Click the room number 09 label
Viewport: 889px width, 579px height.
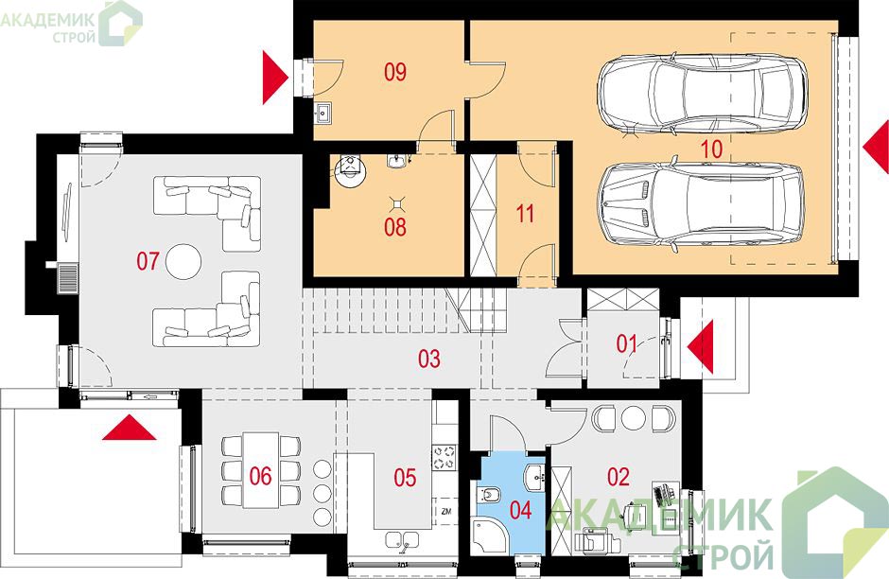[x=395, y=73]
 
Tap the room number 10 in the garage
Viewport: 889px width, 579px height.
[x=711, y=149]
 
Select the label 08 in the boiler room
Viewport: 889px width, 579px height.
[x=395, y=227]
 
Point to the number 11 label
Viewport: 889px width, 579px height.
[x=526, y=215]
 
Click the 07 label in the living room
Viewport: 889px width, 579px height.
[x=148, y=261]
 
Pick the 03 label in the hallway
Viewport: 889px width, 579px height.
[x=429, y=359]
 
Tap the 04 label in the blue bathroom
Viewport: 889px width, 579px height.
[x=520, y=510]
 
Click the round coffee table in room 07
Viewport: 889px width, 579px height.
[x=183, y=261]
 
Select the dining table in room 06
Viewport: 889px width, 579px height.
[x=261, y=470]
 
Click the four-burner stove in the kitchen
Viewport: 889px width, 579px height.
[x=444, y=457]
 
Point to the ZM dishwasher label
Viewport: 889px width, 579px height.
[x=445, y=512]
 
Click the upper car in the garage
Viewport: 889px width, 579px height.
[x=703, y=95]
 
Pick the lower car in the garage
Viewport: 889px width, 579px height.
[x=703, y=204]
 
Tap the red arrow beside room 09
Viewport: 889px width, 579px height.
[x=276, y=78]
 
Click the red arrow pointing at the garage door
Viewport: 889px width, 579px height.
[x=876, y=147]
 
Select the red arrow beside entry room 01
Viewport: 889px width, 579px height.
[x=700, y=346]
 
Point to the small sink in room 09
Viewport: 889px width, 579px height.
[x=324, y=113]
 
